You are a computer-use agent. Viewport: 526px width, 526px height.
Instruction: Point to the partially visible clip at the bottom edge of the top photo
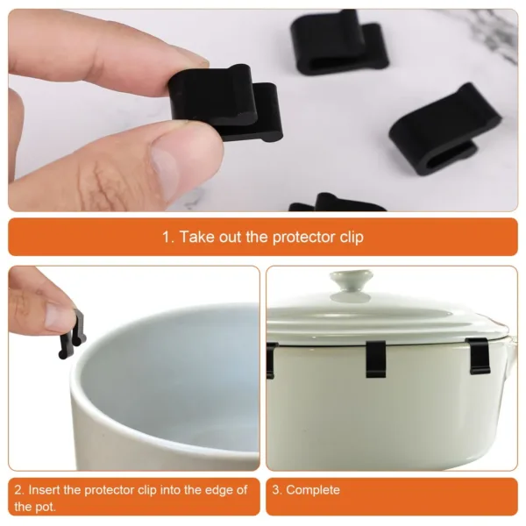click(x=337, y=203)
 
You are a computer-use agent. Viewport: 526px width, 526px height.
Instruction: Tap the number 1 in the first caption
click(x=167, y=238)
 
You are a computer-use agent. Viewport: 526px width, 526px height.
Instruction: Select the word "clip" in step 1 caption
click(x=349, y=238)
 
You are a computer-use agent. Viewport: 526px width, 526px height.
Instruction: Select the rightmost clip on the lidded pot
click(x=479, y=355)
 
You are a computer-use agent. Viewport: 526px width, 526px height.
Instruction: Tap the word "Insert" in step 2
click(x=45, y=490)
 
